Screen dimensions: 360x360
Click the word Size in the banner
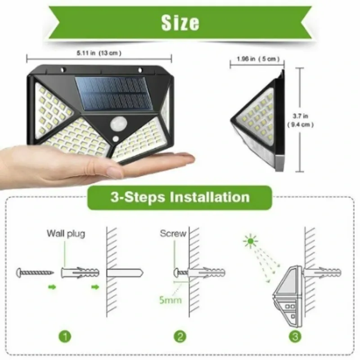click(180, 22)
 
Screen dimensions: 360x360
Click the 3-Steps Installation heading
click(180, 197)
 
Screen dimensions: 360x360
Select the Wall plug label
click(66, 234)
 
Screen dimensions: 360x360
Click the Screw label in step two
click(173, 234)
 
